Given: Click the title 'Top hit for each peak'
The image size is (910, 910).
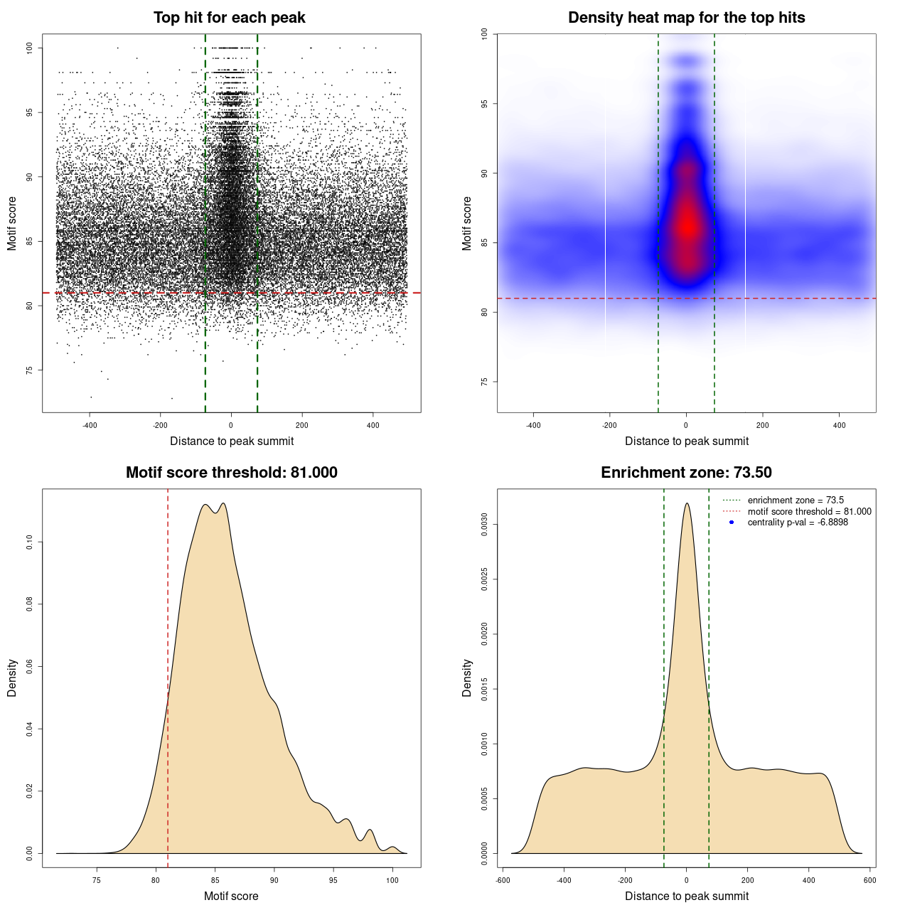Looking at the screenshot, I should (x=229, y=18).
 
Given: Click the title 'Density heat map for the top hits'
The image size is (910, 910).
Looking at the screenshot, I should (x=686, y=18).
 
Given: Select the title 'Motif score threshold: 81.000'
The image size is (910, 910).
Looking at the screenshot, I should (x=231, y=473).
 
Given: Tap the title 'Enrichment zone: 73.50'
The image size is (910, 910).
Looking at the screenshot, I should (x=686, y=473).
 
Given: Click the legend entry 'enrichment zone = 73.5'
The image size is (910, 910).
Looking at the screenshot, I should (x=796, y=500).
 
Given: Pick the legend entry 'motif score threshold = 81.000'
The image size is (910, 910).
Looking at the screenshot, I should (x=809, y=511).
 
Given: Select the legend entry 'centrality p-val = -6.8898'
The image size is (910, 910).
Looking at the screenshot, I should (x=798, y=523).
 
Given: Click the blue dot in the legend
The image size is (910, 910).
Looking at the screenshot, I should (x=732, y=523).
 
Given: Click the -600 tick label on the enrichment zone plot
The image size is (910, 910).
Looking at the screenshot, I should (x=503, y=880).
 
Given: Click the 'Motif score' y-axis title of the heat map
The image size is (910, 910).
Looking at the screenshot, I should (x=467, y=223).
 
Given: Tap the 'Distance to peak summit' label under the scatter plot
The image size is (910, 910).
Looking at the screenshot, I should (x=232, y=441).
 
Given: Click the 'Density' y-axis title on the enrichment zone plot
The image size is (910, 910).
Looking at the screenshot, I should (x=467, y=678).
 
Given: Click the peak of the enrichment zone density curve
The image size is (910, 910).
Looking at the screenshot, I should (x=687, y=503).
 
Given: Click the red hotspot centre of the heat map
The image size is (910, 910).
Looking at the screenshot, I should (x=687, y=226).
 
